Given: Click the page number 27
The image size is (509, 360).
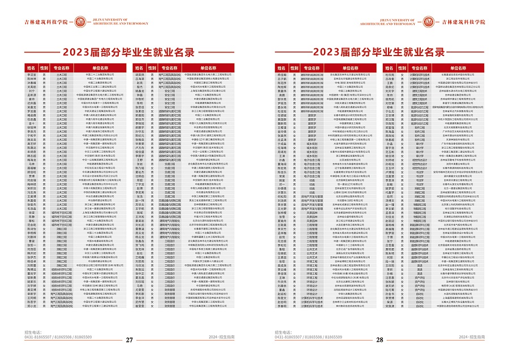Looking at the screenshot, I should click(128, 340).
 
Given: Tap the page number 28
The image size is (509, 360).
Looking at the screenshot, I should click(380, 340).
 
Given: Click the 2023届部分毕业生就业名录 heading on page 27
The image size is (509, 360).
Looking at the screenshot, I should click(128, 53).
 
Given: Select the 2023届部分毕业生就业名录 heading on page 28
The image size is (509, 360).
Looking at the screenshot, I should click(379, 53).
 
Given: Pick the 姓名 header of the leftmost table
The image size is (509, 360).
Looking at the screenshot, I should click(31, 67).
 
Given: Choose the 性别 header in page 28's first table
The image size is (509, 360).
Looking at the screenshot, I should click(295, 67).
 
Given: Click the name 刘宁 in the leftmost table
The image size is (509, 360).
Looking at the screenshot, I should click(31, 91).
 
